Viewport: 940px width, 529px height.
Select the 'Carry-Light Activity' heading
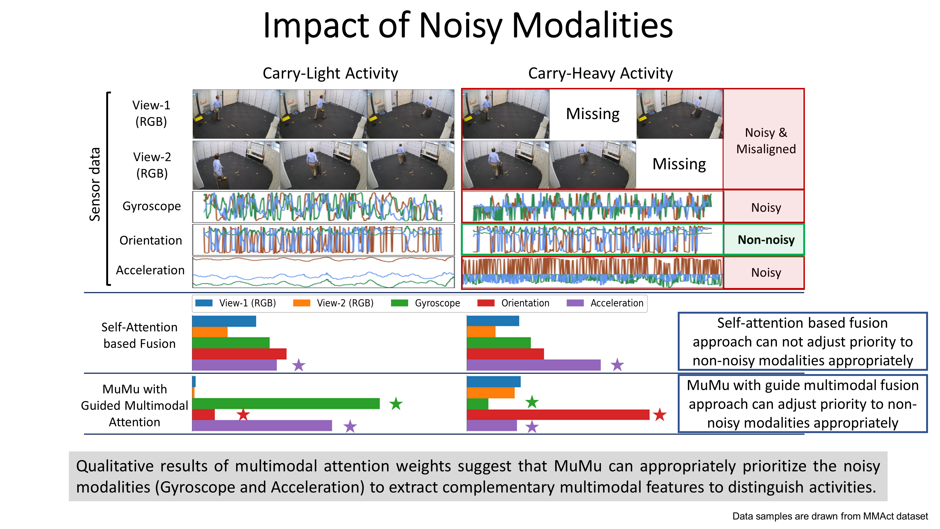(330, 73)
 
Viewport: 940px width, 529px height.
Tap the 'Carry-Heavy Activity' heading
(600, 73)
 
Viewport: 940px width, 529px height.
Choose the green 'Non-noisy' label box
(766, 240)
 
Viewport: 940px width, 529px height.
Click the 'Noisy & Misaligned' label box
(766, 141)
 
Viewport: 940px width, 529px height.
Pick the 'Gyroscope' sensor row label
(151, 206)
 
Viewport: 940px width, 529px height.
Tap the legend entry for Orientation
(525, 303)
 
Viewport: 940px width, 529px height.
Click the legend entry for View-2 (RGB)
(345, 303)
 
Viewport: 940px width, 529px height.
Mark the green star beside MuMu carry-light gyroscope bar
(396, 404)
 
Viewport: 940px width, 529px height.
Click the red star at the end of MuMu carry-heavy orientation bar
(659, 415)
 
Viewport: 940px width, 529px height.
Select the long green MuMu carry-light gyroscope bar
(286, 404)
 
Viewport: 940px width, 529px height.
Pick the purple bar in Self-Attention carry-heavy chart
(533, 365)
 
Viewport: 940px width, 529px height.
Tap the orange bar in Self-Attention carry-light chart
(210, 332)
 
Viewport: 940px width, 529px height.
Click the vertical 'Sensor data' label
(95, 184)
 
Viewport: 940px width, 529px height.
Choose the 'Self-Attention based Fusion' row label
(139, 335)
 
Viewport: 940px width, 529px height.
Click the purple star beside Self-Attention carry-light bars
(298, 365)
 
